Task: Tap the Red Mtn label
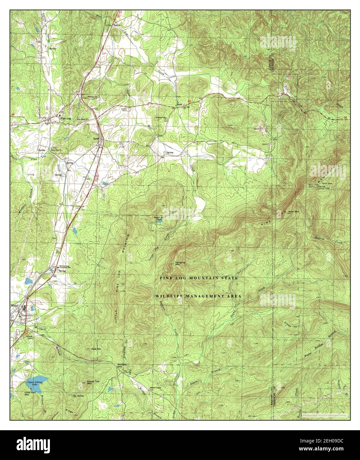tap(96, 349)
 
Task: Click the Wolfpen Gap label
tap(122, 366)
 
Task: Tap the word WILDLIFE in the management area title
tap(168, 296)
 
